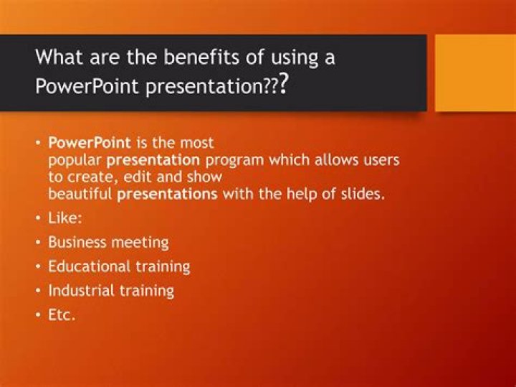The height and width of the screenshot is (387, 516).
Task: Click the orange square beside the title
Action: click(475, 73)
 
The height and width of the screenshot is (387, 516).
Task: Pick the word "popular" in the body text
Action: click(75, 160)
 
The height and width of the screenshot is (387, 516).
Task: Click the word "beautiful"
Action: click(80, 193)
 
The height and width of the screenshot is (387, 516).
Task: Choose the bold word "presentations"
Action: click(167, 193)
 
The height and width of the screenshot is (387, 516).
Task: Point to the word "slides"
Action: click(363, 193)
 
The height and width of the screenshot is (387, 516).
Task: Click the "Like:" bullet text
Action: click(64, 218)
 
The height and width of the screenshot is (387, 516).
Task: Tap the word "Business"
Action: click(77, 243)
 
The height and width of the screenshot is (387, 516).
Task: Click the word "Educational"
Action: click(89, 266)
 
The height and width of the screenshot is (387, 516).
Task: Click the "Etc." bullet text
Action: click(62, 314)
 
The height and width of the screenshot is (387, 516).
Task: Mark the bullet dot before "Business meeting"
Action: click(39, 243)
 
